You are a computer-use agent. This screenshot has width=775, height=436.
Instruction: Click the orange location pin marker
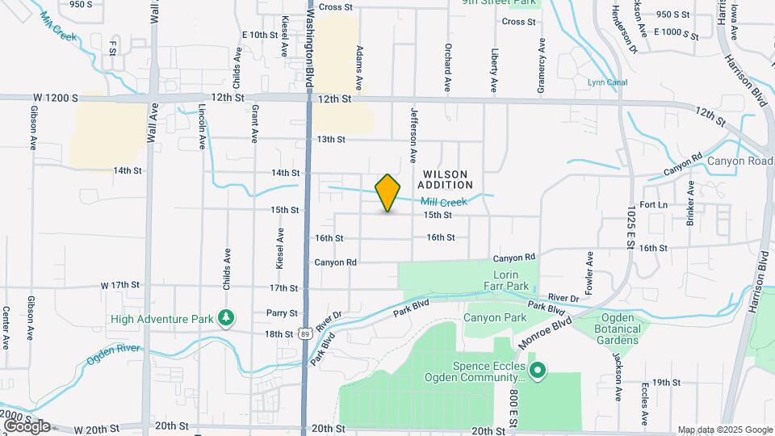(388, 192)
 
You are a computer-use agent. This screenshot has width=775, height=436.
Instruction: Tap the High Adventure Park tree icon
(228, 318)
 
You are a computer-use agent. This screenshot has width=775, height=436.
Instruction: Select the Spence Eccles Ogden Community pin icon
(538, 371)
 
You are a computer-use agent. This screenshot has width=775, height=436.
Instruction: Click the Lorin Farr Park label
(506, 280)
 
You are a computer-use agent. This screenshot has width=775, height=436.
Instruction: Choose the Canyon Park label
(495, 319)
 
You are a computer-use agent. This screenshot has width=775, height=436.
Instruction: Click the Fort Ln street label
(653, 205)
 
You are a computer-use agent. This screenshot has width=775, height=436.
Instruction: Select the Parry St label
(283, 312)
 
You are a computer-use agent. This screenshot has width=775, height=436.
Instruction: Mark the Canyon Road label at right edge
(740, 161)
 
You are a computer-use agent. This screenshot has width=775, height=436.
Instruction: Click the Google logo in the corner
(26, 426)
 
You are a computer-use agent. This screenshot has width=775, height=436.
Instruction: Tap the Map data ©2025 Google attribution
(724, 430)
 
